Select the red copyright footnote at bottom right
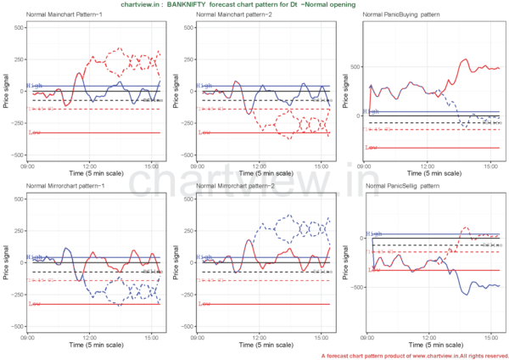coord(415,354)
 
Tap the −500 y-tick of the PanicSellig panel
coord(354,287)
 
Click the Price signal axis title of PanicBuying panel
coord(345,90)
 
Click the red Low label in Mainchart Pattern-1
coord(35,132)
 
